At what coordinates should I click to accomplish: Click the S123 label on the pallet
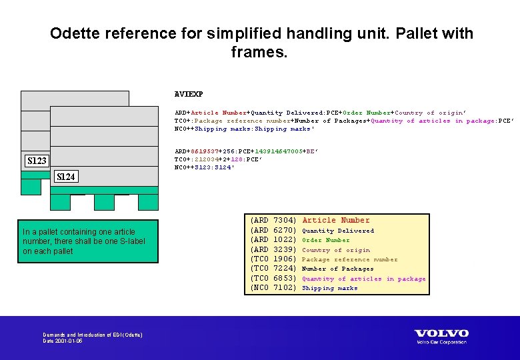(37, 161)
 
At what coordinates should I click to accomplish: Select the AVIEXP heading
(189, 95)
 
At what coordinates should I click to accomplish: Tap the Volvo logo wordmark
(441, 333)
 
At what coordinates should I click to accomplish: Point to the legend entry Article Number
(335, 220)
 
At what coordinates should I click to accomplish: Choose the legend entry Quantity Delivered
(338, 231)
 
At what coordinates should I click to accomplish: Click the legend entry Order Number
(325, 240)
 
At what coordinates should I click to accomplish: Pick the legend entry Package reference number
(349, 259)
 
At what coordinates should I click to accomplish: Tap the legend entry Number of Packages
(337, 269)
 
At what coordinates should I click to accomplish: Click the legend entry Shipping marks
(329, 288)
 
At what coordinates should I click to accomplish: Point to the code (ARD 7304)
(272, 220)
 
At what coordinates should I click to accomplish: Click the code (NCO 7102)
(272, 288)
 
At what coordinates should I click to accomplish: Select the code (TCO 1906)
(272, 259)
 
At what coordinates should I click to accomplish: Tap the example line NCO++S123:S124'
(204, 167)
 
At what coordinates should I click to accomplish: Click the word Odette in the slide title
(73, 33)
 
